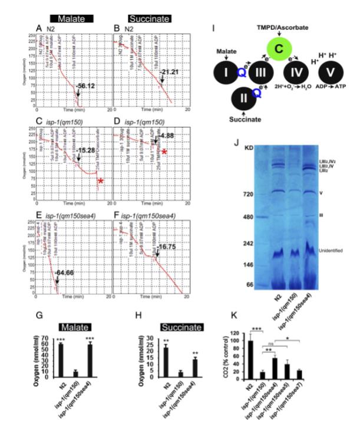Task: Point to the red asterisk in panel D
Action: coord(166,153)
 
